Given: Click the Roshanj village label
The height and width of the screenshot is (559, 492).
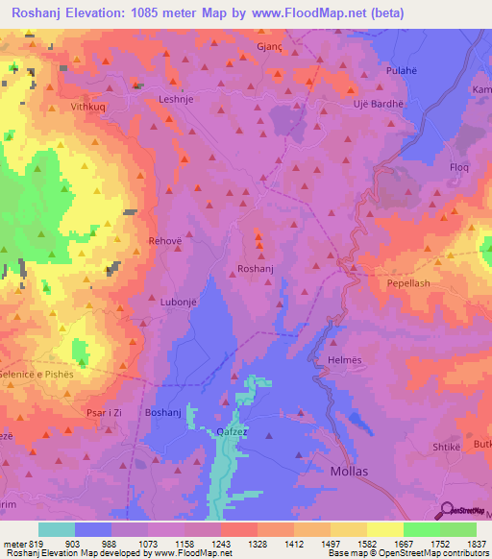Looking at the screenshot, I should (x=256, y=270).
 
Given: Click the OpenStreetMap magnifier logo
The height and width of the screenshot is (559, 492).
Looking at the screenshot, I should (x=448, y=509).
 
